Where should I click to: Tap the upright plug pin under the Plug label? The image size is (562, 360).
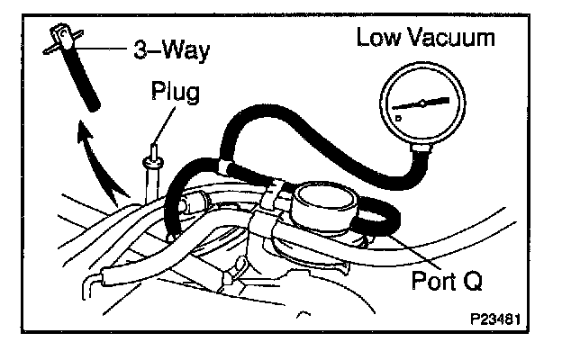pos(151,171)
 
